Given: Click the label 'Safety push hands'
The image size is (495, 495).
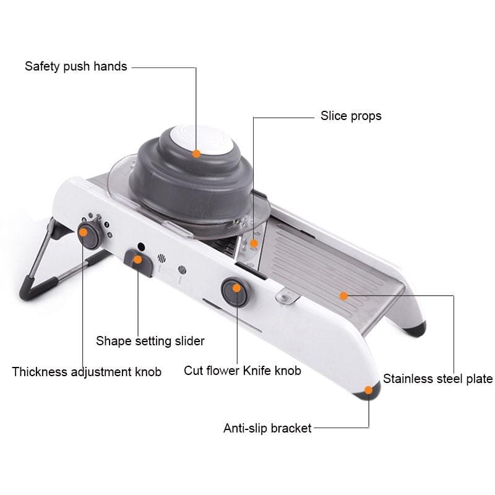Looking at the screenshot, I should point(75,66).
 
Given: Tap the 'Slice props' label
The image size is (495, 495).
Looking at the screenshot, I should point(351,116).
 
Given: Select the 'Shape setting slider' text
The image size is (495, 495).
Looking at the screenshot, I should point(150,340).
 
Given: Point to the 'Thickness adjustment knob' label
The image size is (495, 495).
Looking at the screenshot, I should point(87,372).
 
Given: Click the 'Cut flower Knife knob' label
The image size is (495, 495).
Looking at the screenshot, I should point(243,371).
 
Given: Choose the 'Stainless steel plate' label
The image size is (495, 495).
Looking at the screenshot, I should point(437,379).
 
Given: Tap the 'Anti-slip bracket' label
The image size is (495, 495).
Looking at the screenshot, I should point(267,428).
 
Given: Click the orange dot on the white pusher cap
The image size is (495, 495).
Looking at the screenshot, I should point(196,153).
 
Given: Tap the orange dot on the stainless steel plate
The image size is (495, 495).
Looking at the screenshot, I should point(343,296).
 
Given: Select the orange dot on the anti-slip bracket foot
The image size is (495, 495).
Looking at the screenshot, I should point(369,390).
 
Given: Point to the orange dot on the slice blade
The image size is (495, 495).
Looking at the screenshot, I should point(253,243).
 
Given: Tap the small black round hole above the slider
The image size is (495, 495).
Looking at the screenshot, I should point(141,246).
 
